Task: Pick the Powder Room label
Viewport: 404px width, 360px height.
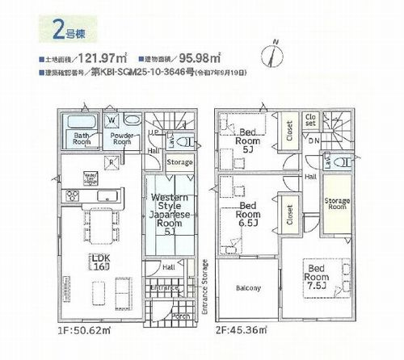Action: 121,140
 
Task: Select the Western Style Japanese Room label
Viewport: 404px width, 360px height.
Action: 170,214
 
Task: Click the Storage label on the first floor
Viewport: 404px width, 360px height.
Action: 179,162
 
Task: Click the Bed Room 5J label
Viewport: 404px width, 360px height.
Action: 246,144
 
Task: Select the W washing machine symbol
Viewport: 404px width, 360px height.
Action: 109,123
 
